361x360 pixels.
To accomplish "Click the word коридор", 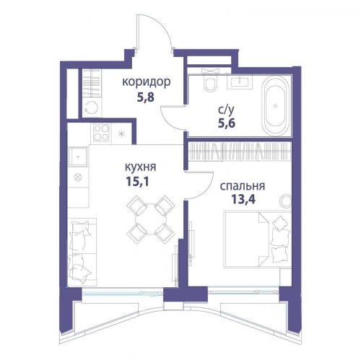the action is pos(147,82).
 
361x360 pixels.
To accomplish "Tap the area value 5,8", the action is pos(145,97).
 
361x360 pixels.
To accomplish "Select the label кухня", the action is pos(141,167).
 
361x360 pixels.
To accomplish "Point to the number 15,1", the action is pos(137,182).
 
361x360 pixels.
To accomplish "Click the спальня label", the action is pos(243,186).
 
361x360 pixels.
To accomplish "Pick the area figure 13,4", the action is pos(243,199).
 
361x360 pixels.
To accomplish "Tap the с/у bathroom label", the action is pos(226,110).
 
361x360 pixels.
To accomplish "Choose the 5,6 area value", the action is pos(226,123).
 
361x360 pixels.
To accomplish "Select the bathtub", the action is pos(276,105).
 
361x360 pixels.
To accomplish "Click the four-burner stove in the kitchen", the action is pos(101,133).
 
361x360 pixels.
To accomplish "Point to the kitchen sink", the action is pos(78,157).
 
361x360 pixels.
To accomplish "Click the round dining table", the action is pos(151,219).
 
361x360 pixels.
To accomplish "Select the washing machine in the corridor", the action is pos(92,108).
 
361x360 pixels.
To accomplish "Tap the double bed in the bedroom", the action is pos(258,240).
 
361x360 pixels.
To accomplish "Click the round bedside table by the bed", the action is pos(286,201).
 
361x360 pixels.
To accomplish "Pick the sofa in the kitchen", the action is pos(82,252).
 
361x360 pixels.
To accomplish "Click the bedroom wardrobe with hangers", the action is pos(240,151).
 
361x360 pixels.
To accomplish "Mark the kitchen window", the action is pos(123,293).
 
